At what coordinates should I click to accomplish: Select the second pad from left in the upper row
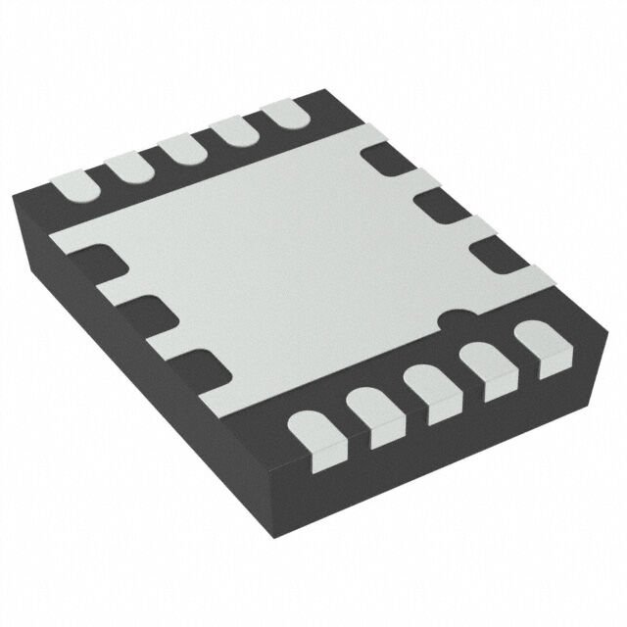[125, 166]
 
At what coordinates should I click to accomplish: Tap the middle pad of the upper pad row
[180, 149]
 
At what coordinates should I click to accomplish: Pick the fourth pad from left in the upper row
[232, 130]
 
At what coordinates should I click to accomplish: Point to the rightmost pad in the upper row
[284, 114]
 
